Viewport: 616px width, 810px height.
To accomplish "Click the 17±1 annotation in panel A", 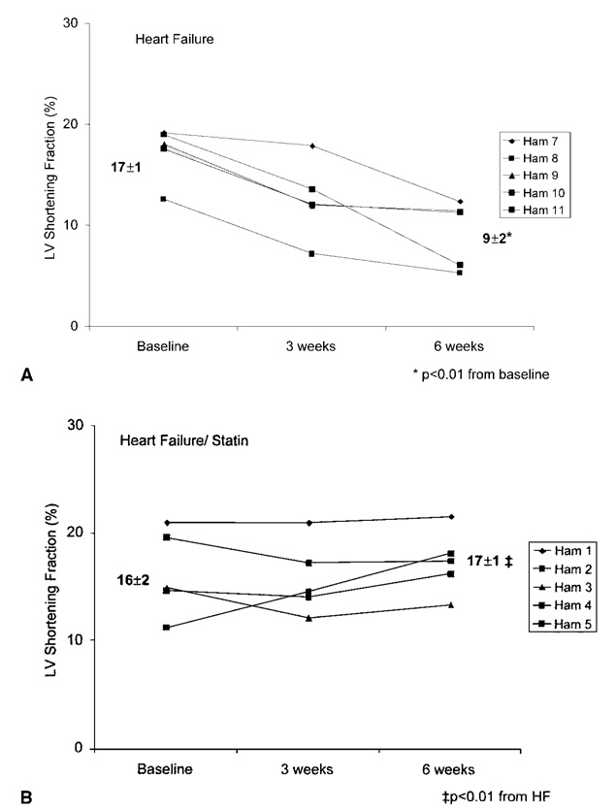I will [x=127, y=167].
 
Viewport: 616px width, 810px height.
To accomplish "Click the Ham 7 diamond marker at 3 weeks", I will [x=311, y=146].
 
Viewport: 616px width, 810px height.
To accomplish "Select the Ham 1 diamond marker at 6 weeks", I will [x=452, y=516].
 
